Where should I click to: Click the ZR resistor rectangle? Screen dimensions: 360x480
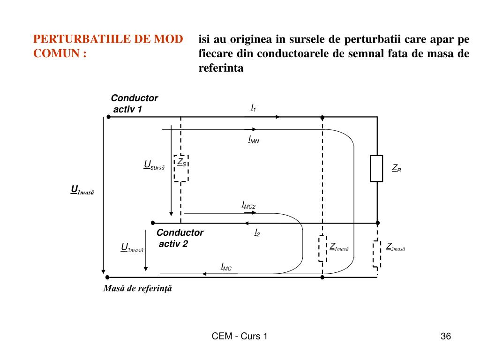click(376, 168)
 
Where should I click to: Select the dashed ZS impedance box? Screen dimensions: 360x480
click(181, 168)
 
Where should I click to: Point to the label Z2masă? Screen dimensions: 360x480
click(395, 247)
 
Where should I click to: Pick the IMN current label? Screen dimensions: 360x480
click(254, 139)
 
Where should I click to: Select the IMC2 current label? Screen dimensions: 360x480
click(248, 205)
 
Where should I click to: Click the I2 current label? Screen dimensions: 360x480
click(257, 232)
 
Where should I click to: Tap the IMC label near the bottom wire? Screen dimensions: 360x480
click(226, 267)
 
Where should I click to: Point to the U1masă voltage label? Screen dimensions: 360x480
click(82, 190)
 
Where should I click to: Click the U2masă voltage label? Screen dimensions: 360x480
click(132, 248)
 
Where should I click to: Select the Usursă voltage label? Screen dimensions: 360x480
click(154, 165)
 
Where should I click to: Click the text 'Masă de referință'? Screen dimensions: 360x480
click(138, 289)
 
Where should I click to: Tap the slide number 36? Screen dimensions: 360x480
click(445, 336)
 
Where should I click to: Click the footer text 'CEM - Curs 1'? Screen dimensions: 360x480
click(240, 336)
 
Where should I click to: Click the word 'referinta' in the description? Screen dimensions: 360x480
click(221, 68)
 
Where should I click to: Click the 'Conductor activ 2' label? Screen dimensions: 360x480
click(180, 238)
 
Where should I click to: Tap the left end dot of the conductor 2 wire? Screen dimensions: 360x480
click(152, 223)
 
